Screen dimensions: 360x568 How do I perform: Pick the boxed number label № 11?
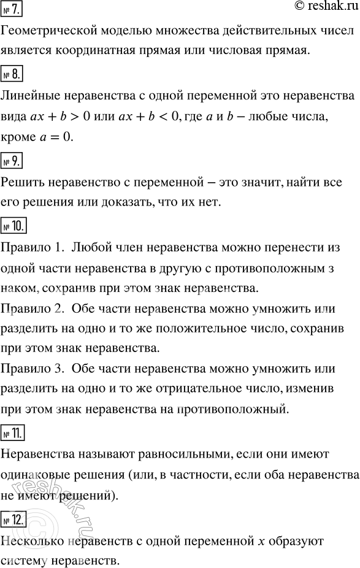(x=14, y=434)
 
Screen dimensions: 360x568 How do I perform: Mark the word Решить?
(x=23, y=183)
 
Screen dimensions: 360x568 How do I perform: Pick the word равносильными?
(x=175, y=455)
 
